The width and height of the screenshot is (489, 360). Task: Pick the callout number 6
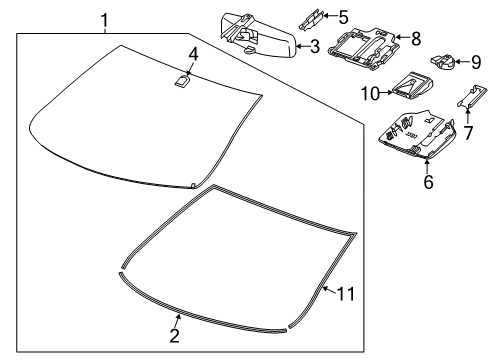click(x=427, y=182)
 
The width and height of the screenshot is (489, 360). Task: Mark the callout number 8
click(x=417, y=40)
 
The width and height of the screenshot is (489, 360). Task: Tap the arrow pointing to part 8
click(x=401, y=40)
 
